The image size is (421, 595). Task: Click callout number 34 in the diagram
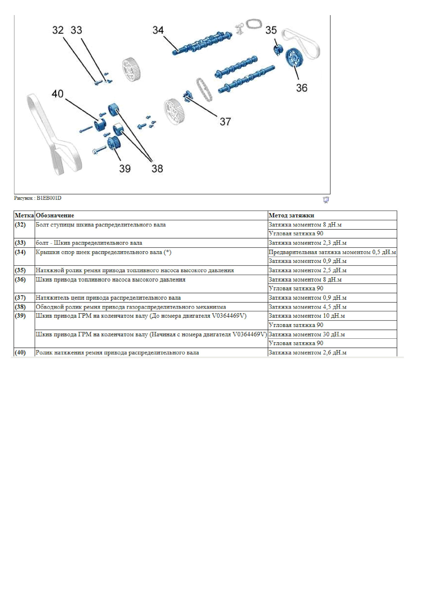point(158,30)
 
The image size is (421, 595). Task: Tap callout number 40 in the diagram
point(58,94)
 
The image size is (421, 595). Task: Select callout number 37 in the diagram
point(225,122)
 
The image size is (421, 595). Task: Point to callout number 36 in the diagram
point(302,88)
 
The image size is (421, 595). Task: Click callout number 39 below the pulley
point(125,169)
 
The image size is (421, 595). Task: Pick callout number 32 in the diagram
point(58,30)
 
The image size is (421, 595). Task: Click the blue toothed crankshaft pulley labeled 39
point(114,143)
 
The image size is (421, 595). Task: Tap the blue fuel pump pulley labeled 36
point(292,58)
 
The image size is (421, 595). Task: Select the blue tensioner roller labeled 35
point(278,50)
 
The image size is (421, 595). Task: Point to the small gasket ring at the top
point(254,24)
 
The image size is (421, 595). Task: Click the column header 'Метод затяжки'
point(291,215)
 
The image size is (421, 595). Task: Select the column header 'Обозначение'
point(55,215)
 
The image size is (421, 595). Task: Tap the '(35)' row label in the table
point(20,270)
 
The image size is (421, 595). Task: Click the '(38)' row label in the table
point(20,307)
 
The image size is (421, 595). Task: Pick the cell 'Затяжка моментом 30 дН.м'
point(307,334)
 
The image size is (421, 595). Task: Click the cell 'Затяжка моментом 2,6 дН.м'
point(307,352)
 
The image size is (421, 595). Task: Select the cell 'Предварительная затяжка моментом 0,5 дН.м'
point(332,252)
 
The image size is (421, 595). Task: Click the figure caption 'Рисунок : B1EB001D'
point(38,198)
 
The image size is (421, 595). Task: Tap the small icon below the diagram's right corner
point(326,200)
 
